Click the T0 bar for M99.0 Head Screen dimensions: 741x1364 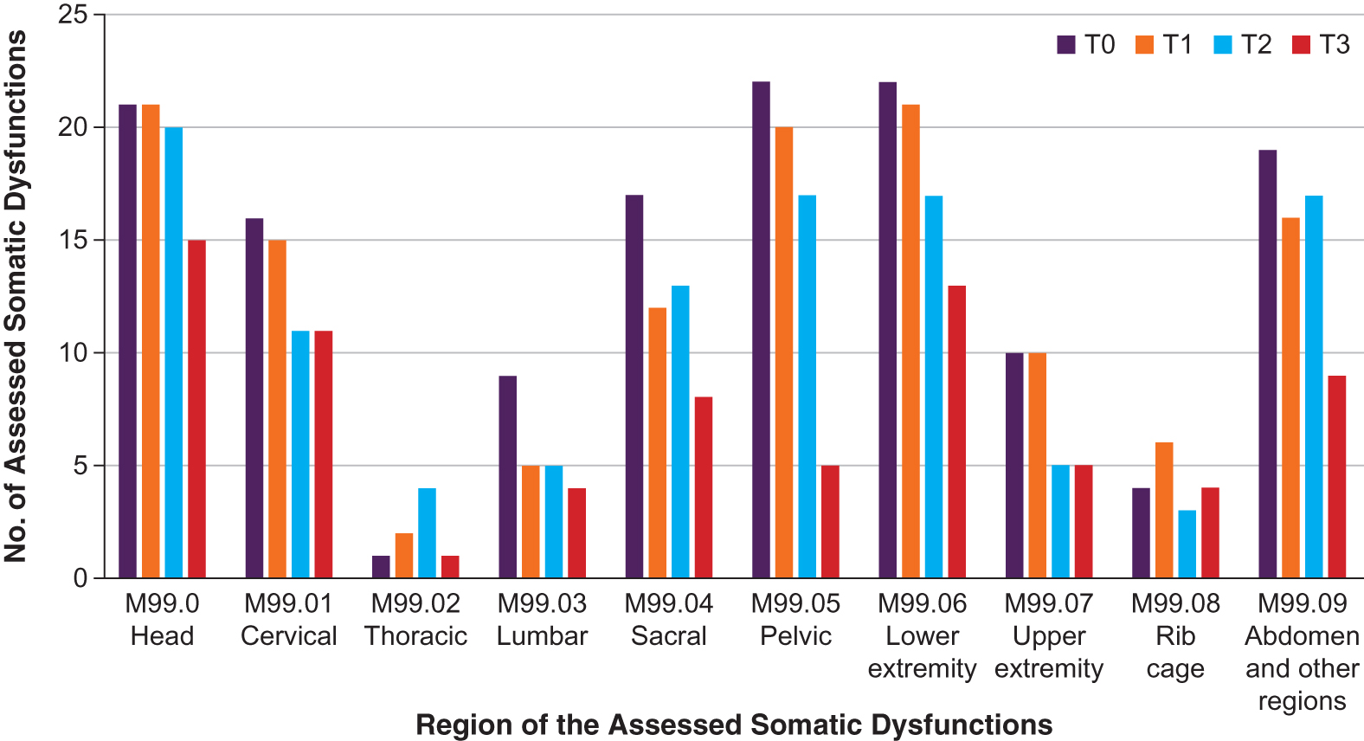point(127,341)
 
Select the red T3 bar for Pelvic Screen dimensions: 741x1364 point(830,522)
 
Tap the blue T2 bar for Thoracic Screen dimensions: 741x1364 point(427,533)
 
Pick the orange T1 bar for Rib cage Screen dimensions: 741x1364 point(1164,511)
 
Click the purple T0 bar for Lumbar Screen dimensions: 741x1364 point(507,477)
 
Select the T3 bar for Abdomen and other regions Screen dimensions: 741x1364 point(1336,477)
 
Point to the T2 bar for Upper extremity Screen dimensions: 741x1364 point(1060,522)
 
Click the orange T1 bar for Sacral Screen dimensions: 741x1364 point(657,443)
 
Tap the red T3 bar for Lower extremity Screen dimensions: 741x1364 point(956,432)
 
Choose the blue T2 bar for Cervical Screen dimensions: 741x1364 point(300,454)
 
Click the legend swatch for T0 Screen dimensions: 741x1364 point(1065,45)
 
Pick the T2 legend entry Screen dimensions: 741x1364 point(1243,45)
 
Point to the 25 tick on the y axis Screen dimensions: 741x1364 point(74,15)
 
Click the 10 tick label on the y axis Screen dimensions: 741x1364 point(74,353)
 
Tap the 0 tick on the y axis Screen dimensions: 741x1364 point(80,578)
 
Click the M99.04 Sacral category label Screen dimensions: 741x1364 point(668,620)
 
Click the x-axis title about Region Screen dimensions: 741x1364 point(734,725)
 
